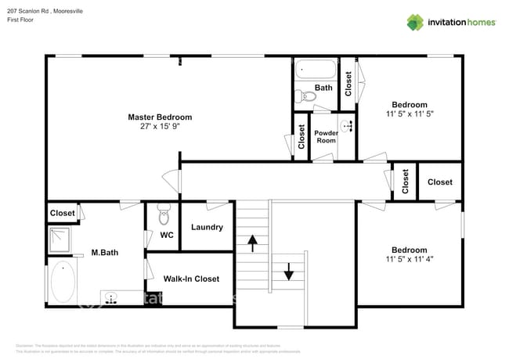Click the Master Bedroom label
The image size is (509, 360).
pyautogui.click(x=160, y=117)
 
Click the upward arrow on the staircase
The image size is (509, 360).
pyautogui.click(x=252, y=243)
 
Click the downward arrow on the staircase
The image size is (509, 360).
pyautogui.click(x=287, y=271)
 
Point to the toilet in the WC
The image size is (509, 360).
pyautogui.click(x=164, y=215)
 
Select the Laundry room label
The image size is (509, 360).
pyautogui.click(x=207, y=228)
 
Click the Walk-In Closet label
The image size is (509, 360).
pyautogui.click(x=191, y=279)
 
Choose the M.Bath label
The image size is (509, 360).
pyautogui.click(x=104, y=252)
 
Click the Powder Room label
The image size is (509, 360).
pyautogui.click(x=326, y=136)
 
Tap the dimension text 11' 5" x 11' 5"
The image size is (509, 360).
pyautogui.click(x=410, y=113)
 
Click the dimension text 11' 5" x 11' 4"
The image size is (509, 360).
pyautogui.click(x=410, y=259)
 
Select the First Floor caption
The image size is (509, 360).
pyautogui.click(x=21, y=19)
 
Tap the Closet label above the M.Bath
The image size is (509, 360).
pyautogui.click(x=62, y=213)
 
